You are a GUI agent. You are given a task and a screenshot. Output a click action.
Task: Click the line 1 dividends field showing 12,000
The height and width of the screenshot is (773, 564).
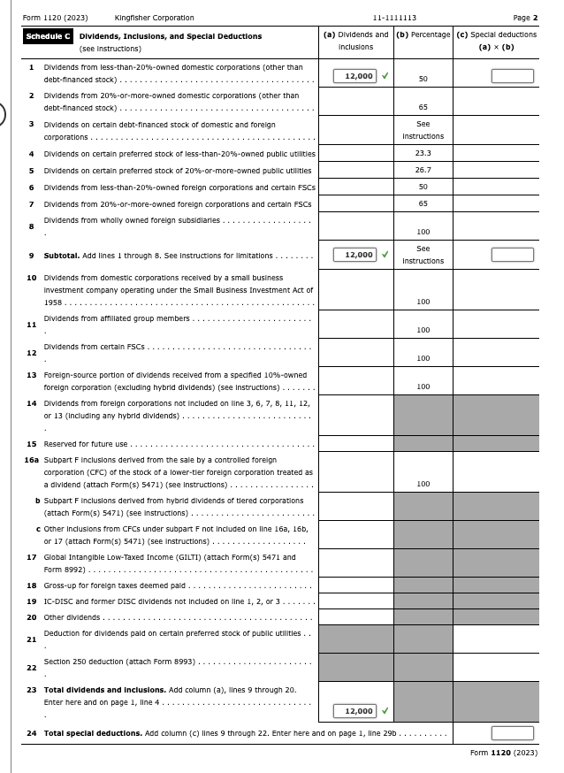pyautogui.click(x=355, y=76)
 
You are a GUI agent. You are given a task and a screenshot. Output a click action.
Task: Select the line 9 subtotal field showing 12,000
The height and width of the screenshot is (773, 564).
pyautogui.click(x=355, y=255)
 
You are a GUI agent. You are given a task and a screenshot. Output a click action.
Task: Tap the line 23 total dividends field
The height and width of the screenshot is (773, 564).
pyautogui.click(x=355, y=711)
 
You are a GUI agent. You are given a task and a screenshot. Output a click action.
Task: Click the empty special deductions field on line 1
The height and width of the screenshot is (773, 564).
pyautogui.click(x=513, y=76)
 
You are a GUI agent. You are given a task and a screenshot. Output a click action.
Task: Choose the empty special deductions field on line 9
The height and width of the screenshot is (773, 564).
pyautogui.click(x=513, y=255)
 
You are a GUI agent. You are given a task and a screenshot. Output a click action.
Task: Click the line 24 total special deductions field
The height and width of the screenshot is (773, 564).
pyautogui.click(x=513, y=733)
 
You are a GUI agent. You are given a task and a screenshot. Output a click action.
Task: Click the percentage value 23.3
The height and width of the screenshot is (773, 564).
pyautogui.click(x=423, y=153)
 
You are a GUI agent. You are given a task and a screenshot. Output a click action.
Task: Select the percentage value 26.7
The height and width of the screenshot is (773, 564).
pyautogui.click(x=423, y=170)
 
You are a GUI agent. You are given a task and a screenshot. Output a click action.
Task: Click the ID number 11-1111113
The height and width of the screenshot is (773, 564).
pyautogui.click(x=395, y=18)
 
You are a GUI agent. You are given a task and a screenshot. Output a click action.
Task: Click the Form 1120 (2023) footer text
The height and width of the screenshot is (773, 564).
pyautogui.click(x=503, y=753)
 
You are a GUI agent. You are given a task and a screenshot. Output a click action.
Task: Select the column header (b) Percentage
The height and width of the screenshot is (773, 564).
pyautogui.click(x=423, y=34)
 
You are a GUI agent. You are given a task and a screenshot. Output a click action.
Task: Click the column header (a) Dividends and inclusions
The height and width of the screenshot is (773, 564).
pyautogui.click(x=355, y=41)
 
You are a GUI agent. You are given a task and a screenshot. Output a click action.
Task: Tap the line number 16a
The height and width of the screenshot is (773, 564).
pyautogui.click(x=31, y=460)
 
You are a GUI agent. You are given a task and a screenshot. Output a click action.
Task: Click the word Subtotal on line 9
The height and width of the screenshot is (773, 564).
pyautogui.click(x=61, y=256)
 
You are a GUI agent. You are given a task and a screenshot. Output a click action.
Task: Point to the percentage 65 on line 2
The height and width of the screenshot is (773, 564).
pyautogui.click(x=423, y=107)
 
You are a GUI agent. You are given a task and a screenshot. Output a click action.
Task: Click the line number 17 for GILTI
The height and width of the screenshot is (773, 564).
pyautogui.click(x=32, y=557)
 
